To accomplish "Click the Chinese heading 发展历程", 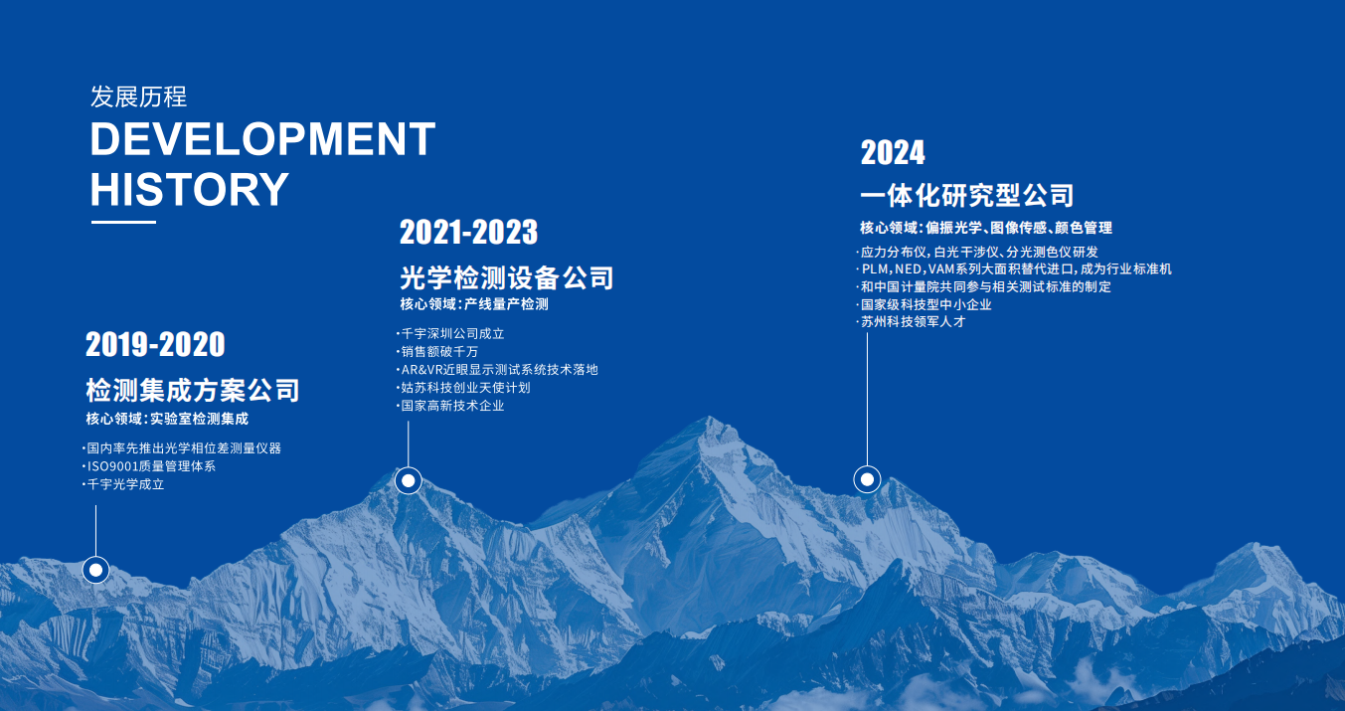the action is click(139, 96).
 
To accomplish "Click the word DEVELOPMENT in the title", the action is click(263, 139).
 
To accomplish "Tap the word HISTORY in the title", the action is click(190, 189).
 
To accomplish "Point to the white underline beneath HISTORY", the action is click(123, 222).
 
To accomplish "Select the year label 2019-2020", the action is click(155, 344).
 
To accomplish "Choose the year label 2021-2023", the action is click(469, 232).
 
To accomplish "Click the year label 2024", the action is click(893, 152).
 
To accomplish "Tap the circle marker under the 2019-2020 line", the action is click(95, 570).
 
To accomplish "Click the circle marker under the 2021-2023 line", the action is click(409, 480).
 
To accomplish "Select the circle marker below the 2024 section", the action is click(867, 479).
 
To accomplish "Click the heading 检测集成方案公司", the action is click(193, 391).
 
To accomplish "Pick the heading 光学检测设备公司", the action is click(507, 278).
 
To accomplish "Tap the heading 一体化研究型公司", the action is click(967, 195).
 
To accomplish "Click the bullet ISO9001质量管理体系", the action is click(149, 466).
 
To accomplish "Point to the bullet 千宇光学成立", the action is click(123, 484).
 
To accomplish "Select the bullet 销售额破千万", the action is click(437, 351).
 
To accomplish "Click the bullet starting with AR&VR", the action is click(497, 369).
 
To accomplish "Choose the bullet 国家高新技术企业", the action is click(450, 406).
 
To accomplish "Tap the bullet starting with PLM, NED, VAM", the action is click(1014, 269).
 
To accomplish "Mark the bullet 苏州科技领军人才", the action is click(911, 322).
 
